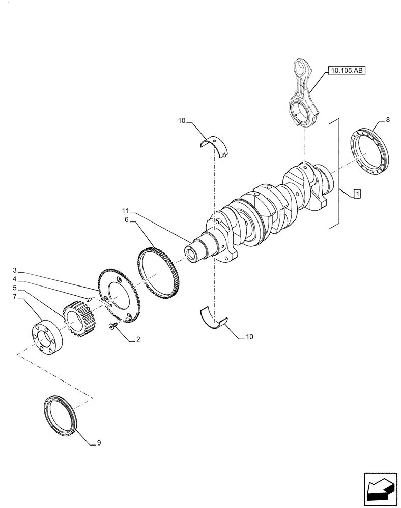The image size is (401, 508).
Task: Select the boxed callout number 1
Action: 357,194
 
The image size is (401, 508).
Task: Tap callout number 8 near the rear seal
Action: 388,120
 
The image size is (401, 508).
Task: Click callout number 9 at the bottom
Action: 99,443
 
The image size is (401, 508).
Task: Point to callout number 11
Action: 125,210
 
